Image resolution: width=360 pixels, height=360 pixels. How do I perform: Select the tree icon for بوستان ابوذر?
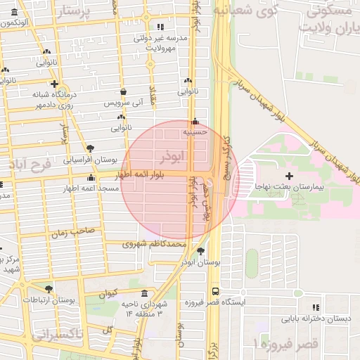tap(202, 251)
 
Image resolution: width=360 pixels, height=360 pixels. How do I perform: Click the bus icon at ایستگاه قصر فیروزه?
tap(214, 291)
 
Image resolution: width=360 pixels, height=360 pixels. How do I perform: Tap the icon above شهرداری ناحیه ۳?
tap(145, 292)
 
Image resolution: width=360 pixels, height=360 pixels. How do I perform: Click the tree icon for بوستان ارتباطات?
tap(48, 289)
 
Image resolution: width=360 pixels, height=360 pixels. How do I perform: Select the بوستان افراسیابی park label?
tap(91, 160)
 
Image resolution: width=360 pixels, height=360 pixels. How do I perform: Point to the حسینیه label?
tap(194, 131)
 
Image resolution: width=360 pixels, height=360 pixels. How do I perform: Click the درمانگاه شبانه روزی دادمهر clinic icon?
tap(53, 84)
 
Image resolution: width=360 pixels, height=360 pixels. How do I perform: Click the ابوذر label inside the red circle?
tap(171, 154)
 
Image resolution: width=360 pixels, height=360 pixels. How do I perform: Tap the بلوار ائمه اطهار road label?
tap(149, 175)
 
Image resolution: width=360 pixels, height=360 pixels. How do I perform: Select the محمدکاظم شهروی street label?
tap(154, 244)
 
